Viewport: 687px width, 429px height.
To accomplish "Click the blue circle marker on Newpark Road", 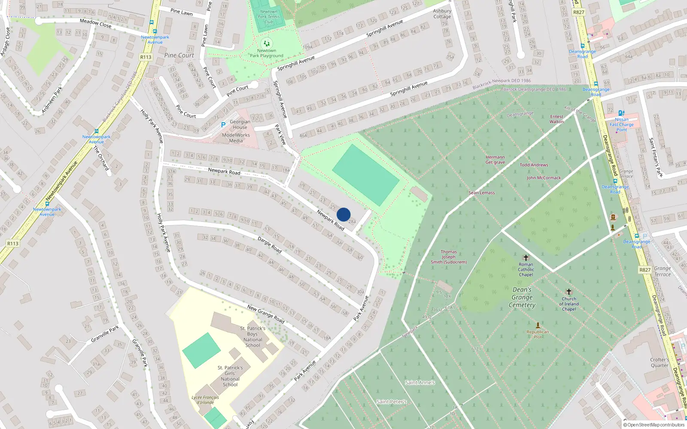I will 343,214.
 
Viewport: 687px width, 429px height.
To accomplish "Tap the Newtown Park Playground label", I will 267,53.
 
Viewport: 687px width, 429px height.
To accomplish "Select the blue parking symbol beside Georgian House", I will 223,125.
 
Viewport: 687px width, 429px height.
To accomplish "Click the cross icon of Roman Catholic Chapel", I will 526,258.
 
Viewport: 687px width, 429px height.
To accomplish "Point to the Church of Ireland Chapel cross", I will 569,292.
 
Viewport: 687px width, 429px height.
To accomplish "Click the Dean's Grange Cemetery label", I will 522,297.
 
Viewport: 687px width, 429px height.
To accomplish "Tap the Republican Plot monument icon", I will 538,325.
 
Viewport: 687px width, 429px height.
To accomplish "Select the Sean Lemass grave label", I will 481,193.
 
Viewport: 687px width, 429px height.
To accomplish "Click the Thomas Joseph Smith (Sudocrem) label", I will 449,257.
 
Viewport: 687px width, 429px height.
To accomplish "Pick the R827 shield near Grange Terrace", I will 645,270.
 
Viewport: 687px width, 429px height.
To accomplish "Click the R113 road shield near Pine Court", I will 146,57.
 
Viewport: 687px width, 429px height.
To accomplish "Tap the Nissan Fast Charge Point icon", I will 621,113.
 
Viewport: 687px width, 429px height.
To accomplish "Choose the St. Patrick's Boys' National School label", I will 253,337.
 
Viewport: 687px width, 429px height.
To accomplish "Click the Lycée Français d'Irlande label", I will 205,400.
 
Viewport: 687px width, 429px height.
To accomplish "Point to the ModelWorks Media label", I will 236,138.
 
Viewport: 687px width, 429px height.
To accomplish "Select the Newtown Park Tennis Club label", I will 269,17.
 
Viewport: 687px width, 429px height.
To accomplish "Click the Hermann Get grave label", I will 495,160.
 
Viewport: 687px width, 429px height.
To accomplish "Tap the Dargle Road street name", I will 270,245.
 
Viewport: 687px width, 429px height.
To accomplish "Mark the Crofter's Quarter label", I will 660,363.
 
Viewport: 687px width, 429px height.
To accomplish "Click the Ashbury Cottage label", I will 442,14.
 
